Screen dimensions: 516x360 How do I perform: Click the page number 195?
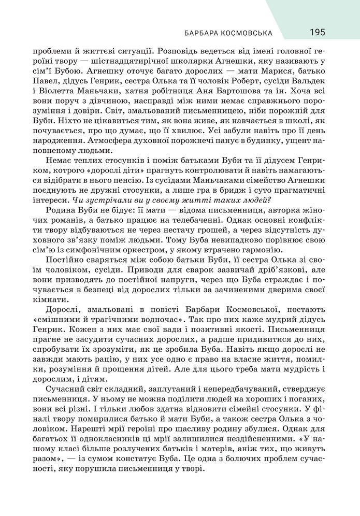coord(318,33)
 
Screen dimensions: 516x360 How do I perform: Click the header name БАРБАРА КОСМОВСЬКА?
coord(228,33)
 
